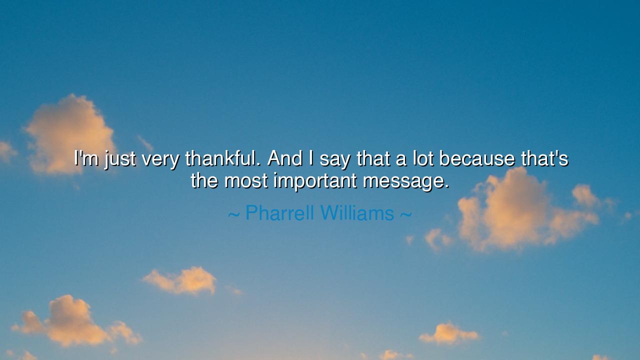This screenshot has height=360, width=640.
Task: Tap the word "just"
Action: [x=120, y=159]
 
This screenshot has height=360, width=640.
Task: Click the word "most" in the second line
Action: [x=246, y=181]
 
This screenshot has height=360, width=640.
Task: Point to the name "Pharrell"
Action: [x=279, y=212]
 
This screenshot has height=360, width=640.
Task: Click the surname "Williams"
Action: [x=357, y=212]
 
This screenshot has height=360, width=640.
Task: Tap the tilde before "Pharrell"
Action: [x=233, y=214]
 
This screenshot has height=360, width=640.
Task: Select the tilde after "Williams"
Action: [x=406, y=214]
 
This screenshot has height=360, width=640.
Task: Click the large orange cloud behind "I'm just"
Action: [x=70, y=134]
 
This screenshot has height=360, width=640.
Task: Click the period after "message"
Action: [x=447, y=187]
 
